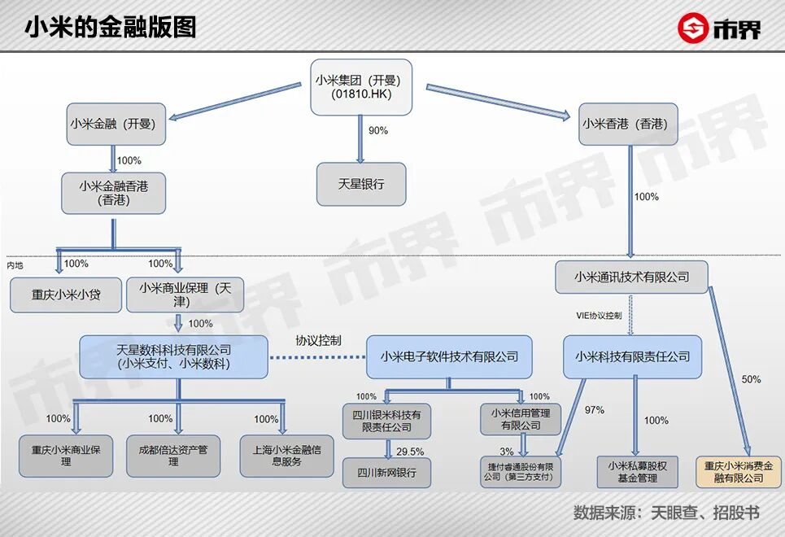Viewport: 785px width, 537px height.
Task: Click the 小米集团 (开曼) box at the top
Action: [x=361, y=87]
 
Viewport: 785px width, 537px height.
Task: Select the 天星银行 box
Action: [x=361, y=184]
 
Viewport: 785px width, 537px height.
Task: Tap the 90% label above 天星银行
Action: [x=378, y=130]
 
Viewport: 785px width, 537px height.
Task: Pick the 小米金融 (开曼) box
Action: [x=111, y=124]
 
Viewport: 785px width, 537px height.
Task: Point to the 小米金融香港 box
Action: [x=113, y=192]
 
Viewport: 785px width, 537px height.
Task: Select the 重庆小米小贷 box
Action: [x=66, y=295]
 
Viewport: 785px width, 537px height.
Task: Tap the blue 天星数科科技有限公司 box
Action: [x=173, y=356]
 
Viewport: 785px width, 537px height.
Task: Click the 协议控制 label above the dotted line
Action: [x=318, y=340]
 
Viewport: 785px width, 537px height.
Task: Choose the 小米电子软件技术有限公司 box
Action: [x=449, y=356]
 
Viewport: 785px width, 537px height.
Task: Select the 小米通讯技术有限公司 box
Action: [x=632, y=277]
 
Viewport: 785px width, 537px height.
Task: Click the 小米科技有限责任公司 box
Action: [x=632, y=356]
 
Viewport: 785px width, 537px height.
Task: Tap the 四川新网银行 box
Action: [x=386, y=472]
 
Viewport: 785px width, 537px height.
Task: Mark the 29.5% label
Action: [x=410, y=451]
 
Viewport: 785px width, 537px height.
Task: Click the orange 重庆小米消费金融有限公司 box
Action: [x=734, y=472]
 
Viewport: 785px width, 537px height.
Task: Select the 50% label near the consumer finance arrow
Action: [x=751, y=379]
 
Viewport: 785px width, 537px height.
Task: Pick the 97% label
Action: [x=595, y=409]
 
